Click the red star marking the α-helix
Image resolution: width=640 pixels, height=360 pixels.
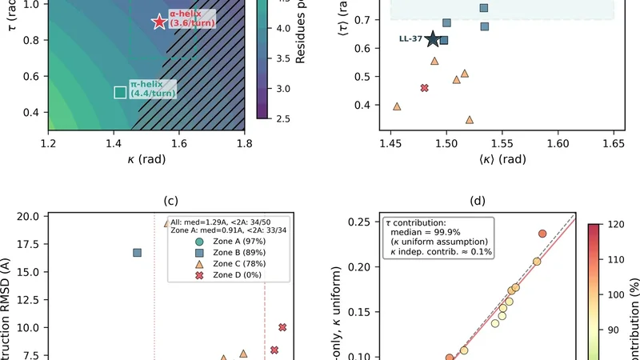tap(159, 22)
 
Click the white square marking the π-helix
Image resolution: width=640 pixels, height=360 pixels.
tap(120, 92)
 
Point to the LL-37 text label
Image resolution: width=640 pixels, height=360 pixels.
tap(410, 38)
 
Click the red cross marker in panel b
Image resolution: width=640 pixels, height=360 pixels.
tap(425, 88)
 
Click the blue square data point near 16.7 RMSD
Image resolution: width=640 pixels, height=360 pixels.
tap(138, 253)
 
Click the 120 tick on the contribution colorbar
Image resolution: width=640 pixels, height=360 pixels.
tap(618, 226)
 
